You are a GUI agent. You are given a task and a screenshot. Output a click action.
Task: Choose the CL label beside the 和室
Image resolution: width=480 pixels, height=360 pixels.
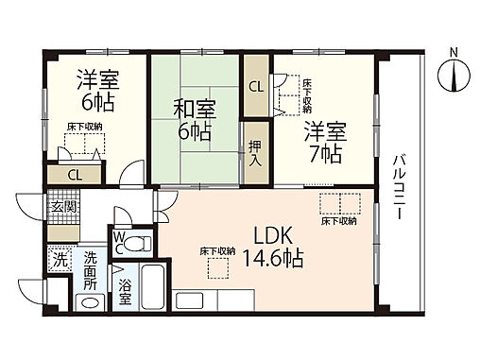click(x=256, y=86)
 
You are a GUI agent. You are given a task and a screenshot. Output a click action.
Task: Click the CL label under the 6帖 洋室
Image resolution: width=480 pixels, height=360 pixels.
click(x=74, y=174)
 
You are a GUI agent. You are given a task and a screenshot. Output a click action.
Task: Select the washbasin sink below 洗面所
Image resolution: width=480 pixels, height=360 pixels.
click(x=91, y=302)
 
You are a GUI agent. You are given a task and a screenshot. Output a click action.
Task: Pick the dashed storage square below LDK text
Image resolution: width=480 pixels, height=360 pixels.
click(x=217, y=268)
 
